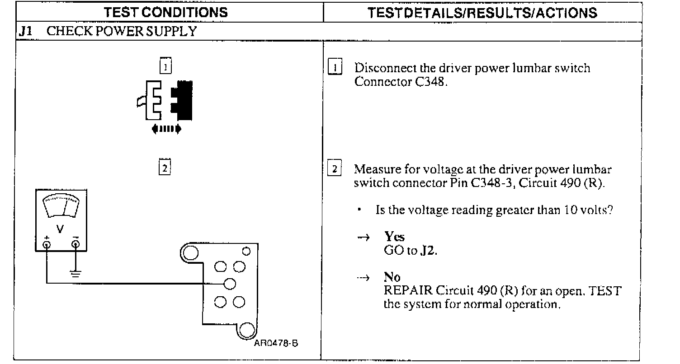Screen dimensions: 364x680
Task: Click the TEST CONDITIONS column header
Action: point(166,12)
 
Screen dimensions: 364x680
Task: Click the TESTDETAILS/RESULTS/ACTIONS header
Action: point(482,13)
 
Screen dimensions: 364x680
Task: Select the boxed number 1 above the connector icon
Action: point(165,67)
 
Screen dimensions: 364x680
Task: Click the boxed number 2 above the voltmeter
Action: point(165,168)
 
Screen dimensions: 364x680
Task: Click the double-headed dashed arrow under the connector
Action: point(167,129)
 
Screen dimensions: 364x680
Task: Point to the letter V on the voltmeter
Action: point(60,229)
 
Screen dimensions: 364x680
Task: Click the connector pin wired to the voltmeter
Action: point(230,284)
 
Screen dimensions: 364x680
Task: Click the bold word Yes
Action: point(394,237)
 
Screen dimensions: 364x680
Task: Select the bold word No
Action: point(392,277)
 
